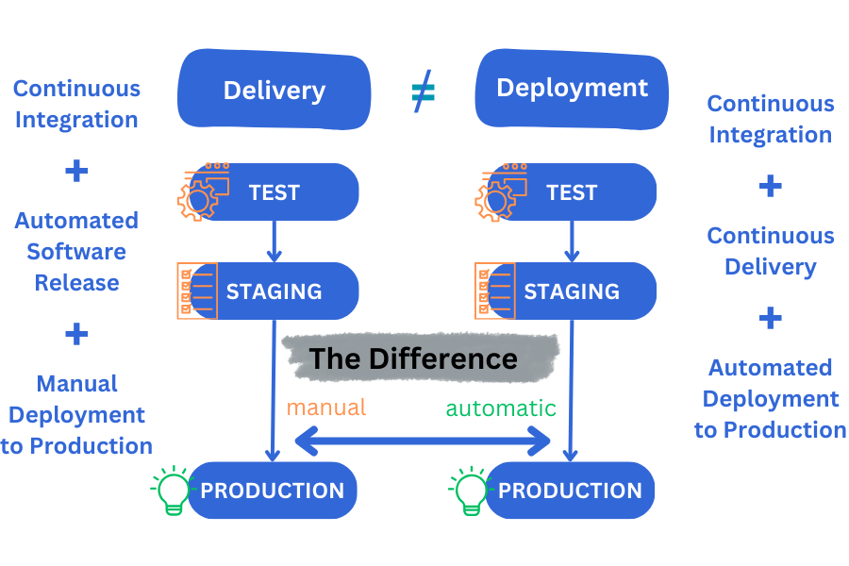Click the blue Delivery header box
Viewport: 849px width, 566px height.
click(x=274, y=91)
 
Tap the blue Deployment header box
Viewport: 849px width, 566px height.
click(x=572, y=89)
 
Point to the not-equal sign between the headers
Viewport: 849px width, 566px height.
click(x=424, y=92)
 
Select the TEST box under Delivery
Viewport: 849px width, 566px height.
click(x=283, y=192)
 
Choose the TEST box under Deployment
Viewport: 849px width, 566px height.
click(x=580, y=192)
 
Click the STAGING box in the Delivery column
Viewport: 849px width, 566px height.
click(x=283, y=291)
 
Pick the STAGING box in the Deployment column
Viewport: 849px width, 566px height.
click(x=580, y=291)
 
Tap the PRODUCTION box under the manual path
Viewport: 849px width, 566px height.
click(x=274, y=491)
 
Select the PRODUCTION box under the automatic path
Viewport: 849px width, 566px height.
click(x=571, y=491)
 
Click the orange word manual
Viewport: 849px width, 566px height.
click(x=325, y=408)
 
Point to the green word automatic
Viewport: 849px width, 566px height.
click(x=501, y=408)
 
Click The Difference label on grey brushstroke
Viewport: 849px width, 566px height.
click(x=414, y=359)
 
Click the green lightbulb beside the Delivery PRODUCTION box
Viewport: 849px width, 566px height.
click(x=173, y=490)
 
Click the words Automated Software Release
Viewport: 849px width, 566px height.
click(x=76, y=252)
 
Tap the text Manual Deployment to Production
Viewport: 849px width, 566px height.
click(x=76, y=415)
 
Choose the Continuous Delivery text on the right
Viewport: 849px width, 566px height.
click(x=771, y=251)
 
